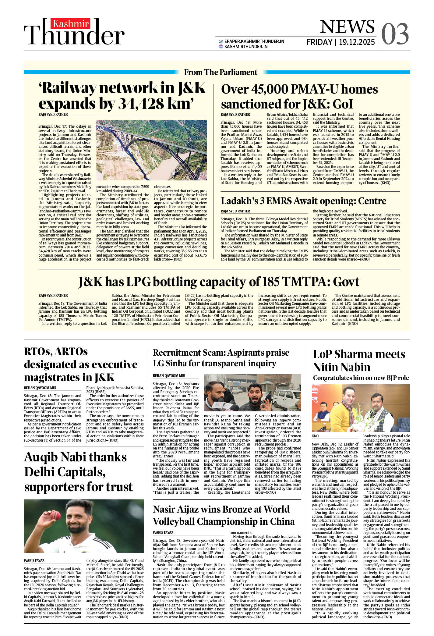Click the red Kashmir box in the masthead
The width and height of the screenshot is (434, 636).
[71, 23]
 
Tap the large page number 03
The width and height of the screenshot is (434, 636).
[395, 34]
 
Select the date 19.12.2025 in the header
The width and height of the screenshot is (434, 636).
[357, 42]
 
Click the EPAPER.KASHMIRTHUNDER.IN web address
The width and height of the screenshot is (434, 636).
[254, 41]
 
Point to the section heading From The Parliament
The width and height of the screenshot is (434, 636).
[221, 72]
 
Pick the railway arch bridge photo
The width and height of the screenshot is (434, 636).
[151, 150]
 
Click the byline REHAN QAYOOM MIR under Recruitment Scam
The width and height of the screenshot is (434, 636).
[169, 376]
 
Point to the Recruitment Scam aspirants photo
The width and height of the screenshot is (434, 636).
[252, 393]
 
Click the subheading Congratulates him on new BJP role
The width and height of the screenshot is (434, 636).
[361, 378]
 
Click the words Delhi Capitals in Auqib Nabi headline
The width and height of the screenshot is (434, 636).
[65, 472]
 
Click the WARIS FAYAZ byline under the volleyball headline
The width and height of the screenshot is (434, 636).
[163, 532]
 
